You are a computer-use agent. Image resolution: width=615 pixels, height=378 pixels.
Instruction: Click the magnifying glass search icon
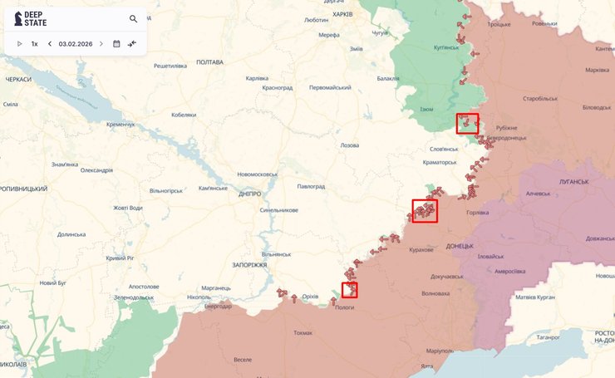[134, 18]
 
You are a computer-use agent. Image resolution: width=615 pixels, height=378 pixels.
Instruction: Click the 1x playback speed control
[35, 43]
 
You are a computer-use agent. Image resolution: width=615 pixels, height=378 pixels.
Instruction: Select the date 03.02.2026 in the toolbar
[75, 43]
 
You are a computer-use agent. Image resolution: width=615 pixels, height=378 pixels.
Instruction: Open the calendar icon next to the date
[116, 43]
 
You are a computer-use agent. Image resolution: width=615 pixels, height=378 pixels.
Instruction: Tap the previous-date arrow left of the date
[50, 43]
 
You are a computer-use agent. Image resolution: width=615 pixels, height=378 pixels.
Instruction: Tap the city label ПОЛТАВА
[209, 62]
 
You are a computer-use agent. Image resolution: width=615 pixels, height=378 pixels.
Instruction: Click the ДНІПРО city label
[249, 194]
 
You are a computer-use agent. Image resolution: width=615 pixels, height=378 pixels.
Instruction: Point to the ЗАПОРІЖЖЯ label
[250, 264]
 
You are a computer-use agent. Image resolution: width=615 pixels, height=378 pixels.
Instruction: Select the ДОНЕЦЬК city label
[459, 246]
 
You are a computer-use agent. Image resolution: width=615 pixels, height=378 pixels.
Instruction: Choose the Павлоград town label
[311, 187]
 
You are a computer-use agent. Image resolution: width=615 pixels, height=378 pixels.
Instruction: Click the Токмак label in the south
[303, 332]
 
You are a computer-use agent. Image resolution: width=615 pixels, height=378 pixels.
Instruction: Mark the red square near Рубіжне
[468, 124]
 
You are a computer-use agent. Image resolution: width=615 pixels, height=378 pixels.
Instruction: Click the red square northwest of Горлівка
[425, 210]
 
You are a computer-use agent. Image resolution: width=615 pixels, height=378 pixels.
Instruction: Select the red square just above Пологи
[350, 289]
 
